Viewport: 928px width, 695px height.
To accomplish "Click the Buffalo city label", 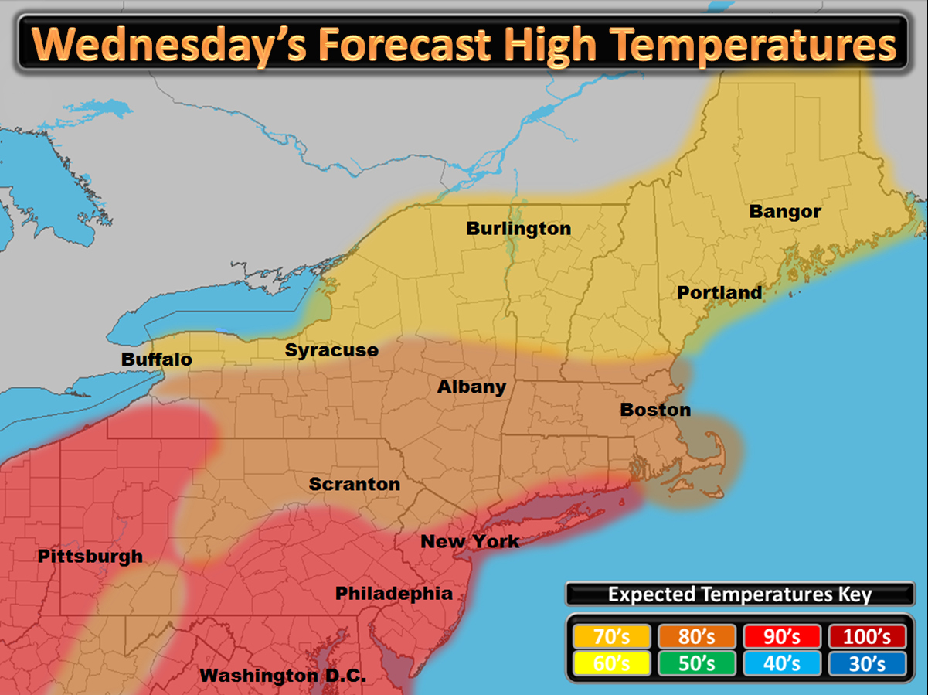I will coord(157,359).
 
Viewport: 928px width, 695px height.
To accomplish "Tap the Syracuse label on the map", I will coord(331,350).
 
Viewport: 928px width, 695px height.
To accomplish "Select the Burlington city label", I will coord(518,229).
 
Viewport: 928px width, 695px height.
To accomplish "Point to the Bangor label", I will coord(785,211).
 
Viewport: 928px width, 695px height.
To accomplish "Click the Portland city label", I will coord(719,293).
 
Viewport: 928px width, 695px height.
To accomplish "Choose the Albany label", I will coord(471,387).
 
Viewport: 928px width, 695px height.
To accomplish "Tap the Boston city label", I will coord(655,410).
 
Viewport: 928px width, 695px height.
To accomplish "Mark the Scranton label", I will coord(355,485).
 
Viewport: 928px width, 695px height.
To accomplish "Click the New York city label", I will coord(470,541).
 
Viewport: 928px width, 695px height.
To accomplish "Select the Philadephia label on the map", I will coord(393,593).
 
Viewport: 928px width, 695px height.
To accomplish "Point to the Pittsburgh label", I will coord(90,556).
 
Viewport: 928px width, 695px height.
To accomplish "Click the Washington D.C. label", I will coord(282,675).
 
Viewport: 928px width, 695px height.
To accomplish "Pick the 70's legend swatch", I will coord(611,636).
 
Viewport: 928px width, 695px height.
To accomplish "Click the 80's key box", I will coord(696,636).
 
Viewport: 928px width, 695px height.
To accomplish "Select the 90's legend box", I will coord(781,636).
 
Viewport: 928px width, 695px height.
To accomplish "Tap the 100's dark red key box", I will coord(866,636).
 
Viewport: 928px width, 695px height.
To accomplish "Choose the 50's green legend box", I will coord(696,663).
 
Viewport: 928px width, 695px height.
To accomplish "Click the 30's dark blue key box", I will coord(866,663).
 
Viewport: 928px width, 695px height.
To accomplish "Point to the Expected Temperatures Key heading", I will coord(739,594).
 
